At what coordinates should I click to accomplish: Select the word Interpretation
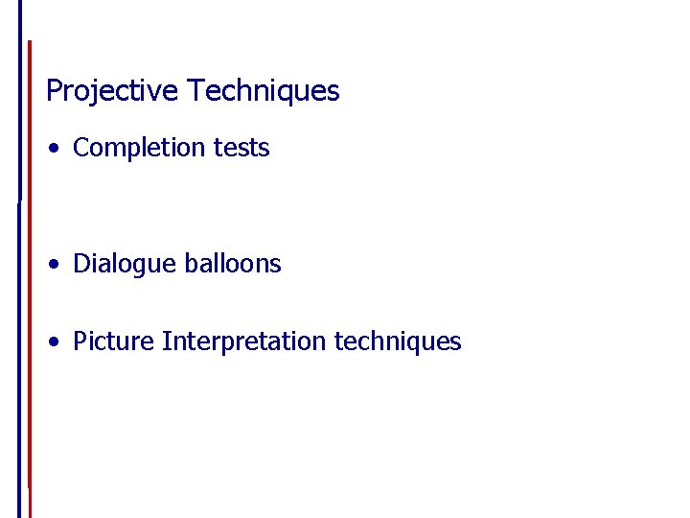coord(245,341)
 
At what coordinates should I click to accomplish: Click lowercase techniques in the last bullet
coord(398,341)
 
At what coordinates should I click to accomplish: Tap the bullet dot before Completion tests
coord(58,149)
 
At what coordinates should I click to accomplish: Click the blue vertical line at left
coord(20,288)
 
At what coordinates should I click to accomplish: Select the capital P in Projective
coord(54,91)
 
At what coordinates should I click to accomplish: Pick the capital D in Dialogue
coord(80,264)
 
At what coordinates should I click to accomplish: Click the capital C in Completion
coord(80,148)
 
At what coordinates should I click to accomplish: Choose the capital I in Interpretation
coord(166,341)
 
